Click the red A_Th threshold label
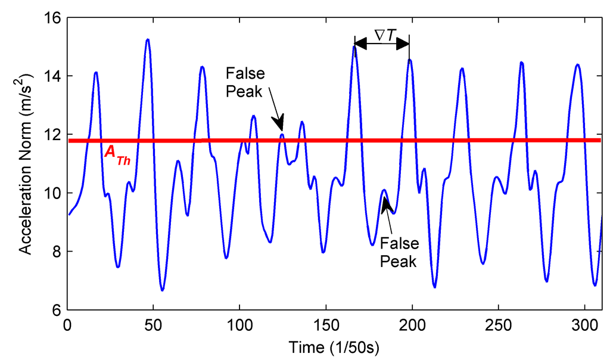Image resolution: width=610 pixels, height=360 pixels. pos(117,153)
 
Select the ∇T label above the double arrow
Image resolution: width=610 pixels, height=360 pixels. pos(382,36)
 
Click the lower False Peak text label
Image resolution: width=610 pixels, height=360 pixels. pos(399,252)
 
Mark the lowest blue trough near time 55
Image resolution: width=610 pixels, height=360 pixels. pos(162,290)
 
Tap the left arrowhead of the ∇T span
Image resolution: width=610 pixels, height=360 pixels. pos(359,43)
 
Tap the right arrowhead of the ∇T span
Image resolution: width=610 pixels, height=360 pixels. pos(405,43)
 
